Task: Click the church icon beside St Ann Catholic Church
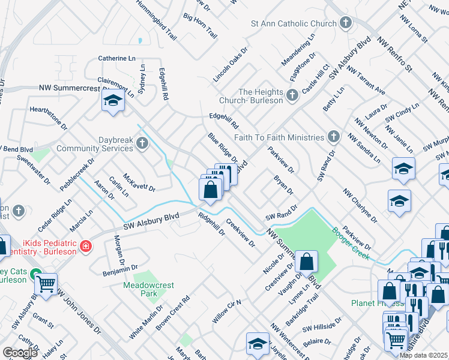[345, 23]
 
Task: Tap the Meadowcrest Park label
[144, 289]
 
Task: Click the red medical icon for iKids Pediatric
[86, 246]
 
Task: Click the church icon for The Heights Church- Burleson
[292, 95]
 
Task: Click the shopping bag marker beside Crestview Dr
[306, 262]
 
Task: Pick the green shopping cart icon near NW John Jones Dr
[46, 284]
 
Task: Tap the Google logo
[20, 353]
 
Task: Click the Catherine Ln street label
[117, 59]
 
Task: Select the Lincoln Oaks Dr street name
[230, 65]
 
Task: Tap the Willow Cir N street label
[226, 311]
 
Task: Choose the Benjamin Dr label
[121, 271]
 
